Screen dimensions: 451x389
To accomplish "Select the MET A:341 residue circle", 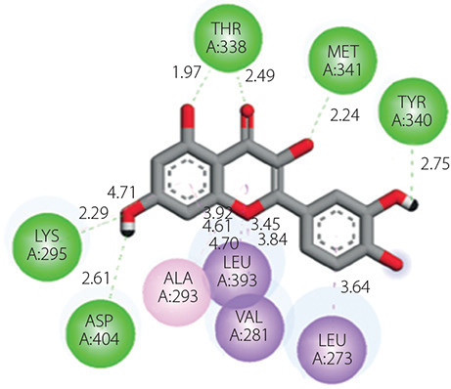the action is [342, 61].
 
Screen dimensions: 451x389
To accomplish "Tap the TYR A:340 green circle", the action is [413, 111].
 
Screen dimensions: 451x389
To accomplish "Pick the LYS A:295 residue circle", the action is [47, 245].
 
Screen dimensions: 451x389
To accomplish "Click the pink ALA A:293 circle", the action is [177, 292].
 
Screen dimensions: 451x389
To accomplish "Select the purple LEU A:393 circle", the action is [237, 272].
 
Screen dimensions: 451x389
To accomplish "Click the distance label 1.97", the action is [187, 72].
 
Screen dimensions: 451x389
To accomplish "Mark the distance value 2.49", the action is [260, 75].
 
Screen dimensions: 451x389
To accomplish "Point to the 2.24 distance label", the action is [344, 115].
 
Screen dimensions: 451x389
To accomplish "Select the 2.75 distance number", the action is [435, 165].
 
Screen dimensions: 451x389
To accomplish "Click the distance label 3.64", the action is [355, 287].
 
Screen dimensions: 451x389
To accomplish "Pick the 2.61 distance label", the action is [96, 279].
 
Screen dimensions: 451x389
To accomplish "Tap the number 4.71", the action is [121, 193].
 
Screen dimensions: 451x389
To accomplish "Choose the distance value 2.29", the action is [94, 213].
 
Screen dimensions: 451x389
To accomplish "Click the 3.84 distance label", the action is [273, 239].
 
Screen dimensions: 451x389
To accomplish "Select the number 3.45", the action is [265, 225].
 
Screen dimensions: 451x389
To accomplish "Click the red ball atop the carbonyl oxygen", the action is [248, 109].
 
